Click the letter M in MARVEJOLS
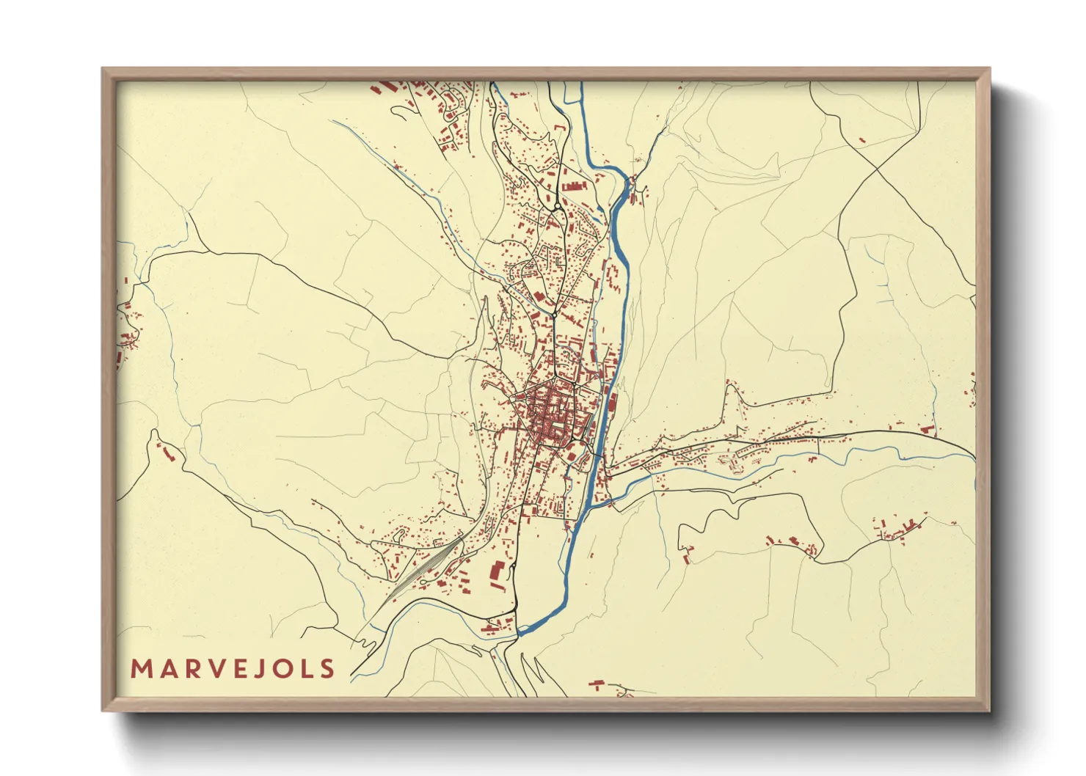pyautogui.click(x=140, y=669)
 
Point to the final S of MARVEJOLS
pyautogui.click(x=327, y=669)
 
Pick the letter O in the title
pyautogui.click(x=280, y=669)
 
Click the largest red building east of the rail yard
pyautogui.click(x=497, y=572)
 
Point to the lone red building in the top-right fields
pyautogui.click(x=861, y=139)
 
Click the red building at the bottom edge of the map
pyautogui.click(x=597, y=684)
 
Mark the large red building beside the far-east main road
pyautogui.click(x=928, y=430)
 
